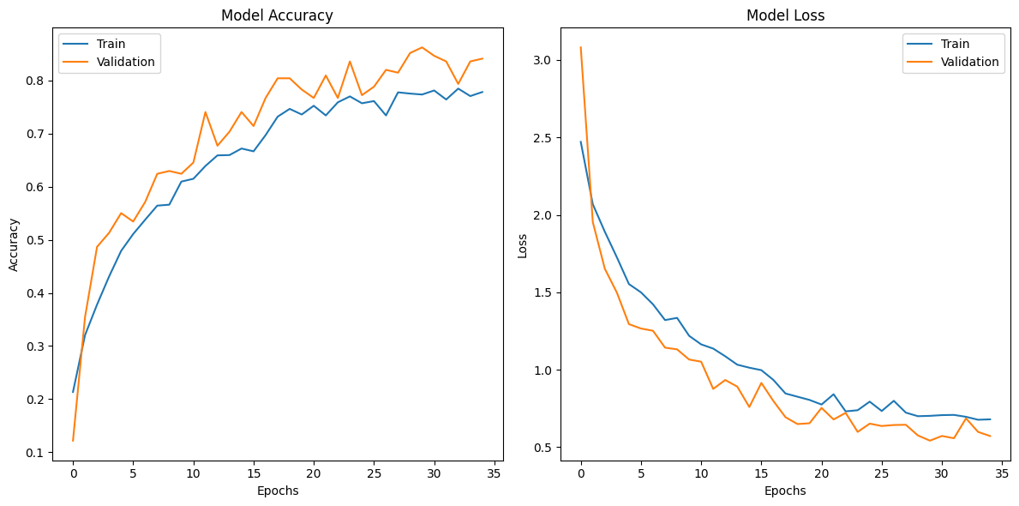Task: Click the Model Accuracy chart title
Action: click(x=277, y=15)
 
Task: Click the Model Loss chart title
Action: click(x=784, y=15)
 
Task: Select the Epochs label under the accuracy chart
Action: click(x=277, y=491)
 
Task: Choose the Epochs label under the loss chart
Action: click(x=784, y=491)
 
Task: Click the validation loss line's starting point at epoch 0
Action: click(x=581, y=47)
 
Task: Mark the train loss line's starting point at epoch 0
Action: click(x=581, y=142)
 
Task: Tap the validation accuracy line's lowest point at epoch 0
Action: click(x=73, y=441)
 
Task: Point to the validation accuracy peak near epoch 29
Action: click(x=422, y=47)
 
